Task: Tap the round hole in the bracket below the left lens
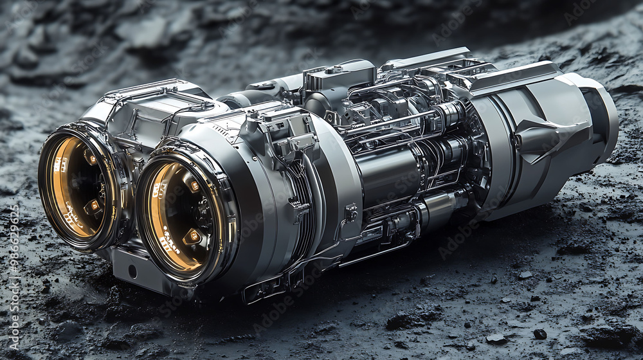[132, 271]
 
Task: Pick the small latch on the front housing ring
[351, 213]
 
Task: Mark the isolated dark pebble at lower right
[539, 334]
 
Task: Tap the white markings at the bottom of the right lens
[170, 245]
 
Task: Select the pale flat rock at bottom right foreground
[495, 338]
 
